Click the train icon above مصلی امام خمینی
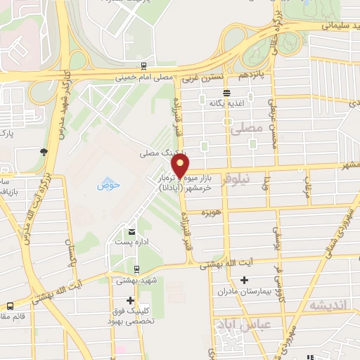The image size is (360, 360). [143, 67]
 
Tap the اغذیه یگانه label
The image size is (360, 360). [225, 103]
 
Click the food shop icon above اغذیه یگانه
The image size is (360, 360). [226, 93]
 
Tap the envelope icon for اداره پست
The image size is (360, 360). [131, 231]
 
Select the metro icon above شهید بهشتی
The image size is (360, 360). [136, 269]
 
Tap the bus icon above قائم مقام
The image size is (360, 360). [10, 307]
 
